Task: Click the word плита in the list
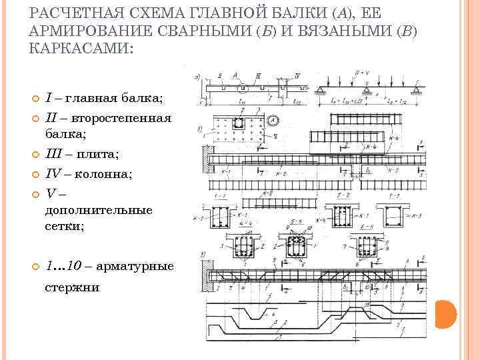[96, 155]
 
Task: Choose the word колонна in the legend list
[107, 174]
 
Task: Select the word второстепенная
[123, 118]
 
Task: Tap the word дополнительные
[98, 210]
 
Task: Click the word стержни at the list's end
[71, 287]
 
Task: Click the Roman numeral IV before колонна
[53, 174]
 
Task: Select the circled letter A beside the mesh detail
[274, 121]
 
